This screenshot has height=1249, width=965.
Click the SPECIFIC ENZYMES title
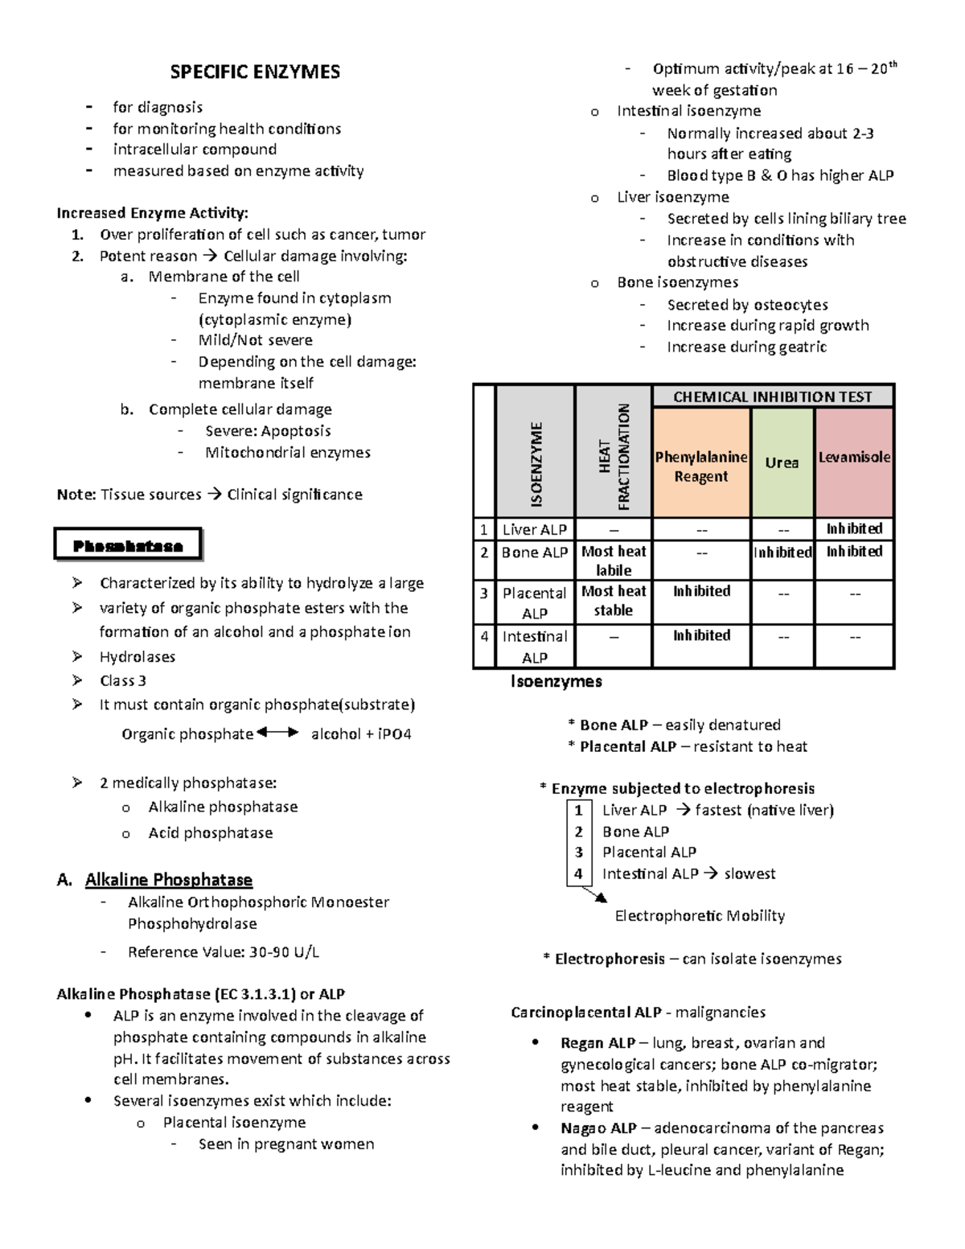tap(255, 72)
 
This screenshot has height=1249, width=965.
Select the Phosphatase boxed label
tap(128, 546)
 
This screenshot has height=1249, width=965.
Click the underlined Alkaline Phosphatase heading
tap(169, 880)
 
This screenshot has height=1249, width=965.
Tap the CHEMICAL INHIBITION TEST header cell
tap(772, 396)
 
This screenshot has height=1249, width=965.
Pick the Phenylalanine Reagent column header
tap(701, 466)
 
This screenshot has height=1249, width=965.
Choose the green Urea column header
tap(782, 463)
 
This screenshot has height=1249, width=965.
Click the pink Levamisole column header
tap(854, 458)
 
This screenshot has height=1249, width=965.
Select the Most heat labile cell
tap(614, 561)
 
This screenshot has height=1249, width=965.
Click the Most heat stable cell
tap(614, 601)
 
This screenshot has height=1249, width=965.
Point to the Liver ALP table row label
tap(535, 529)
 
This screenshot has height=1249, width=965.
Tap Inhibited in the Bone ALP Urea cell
tap(782, 553)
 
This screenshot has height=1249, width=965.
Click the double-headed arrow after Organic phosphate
tap(277, 733)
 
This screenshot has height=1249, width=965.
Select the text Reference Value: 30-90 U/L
tap(224, 952)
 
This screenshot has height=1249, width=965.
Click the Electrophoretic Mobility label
tap(700, 916)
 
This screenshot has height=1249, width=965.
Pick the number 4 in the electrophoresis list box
tap(578, 873)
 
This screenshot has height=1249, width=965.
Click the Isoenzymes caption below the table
tap(556, 682)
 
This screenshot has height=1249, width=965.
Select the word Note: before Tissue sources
tap(76, 495)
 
